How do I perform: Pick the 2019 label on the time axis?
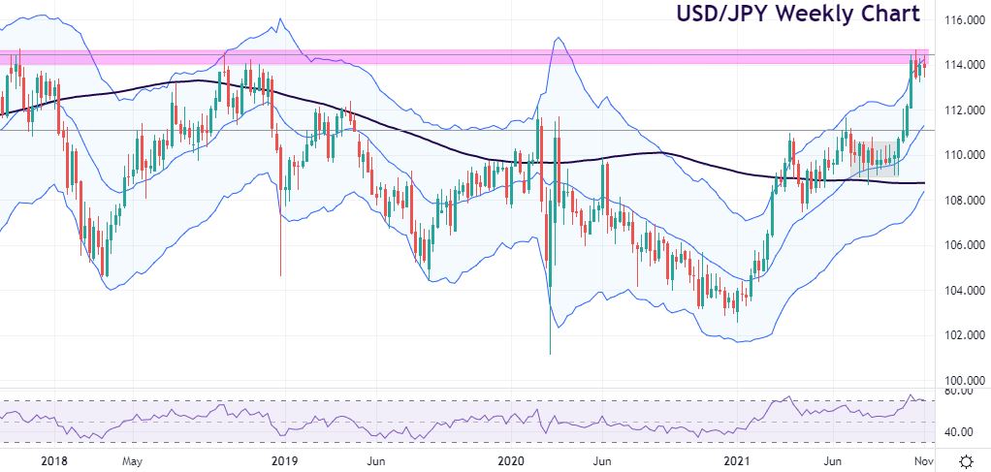[284, 460]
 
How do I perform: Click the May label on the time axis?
[133, 460]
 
